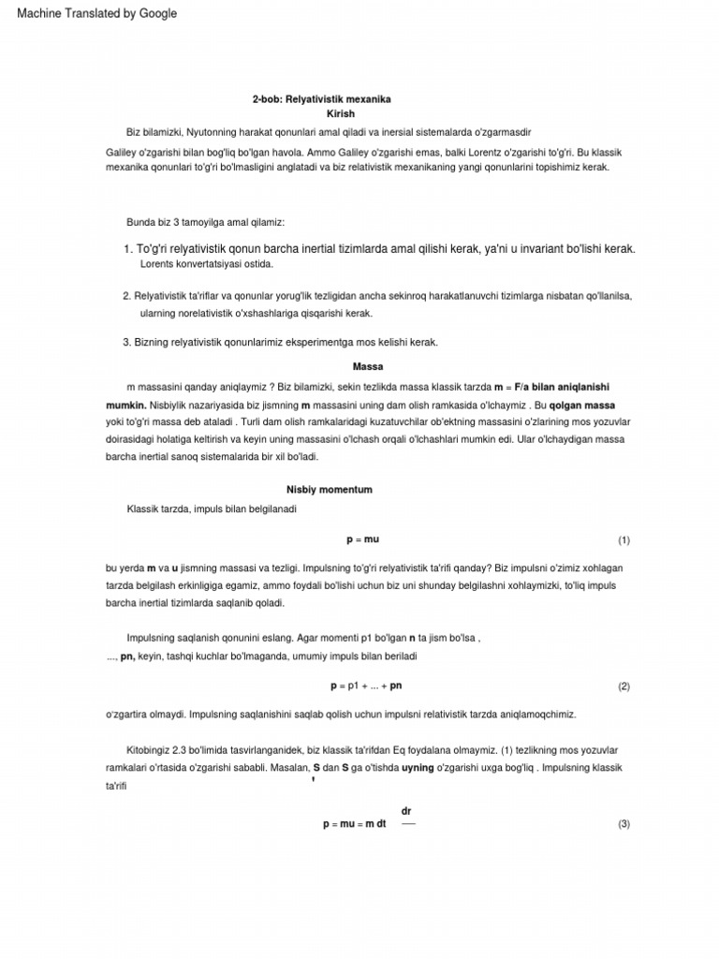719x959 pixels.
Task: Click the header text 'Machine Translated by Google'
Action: click(x=96, y=14)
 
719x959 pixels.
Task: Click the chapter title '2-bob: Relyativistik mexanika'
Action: click(x=321, y=98)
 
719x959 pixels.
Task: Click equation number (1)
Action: click(x=624, y=540)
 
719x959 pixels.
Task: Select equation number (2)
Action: click(x=624, y=686)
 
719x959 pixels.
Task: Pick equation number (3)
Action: click(x=624, y=824)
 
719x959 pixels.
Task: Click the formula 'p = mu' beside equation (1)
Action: click(x=362, y=540)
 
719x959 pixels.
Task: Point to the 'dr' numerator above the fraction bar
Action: click(x=406, y=810)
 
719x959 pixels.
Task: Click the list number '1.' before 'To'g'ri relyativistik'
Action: click(x=128, y=249)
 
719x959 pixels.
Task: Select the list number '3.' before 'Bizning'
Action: click(x=127, y=343)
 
